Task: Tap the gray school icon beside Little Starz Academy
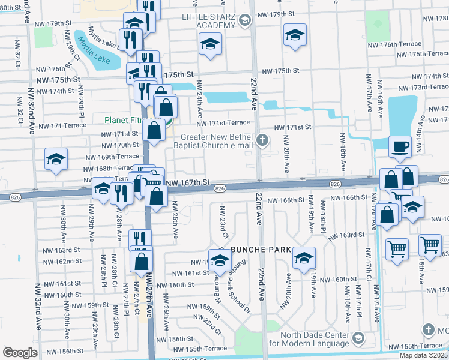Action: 244,22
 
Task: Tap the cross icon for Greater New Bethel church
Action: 261,140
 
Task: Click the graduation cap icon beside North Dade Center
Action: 358,339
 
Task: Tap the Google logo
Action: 20,353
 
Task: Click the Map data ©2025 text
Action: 423,355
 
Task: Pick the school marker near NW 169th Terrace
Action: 56,159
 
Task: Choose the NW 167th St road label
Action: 187,182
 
